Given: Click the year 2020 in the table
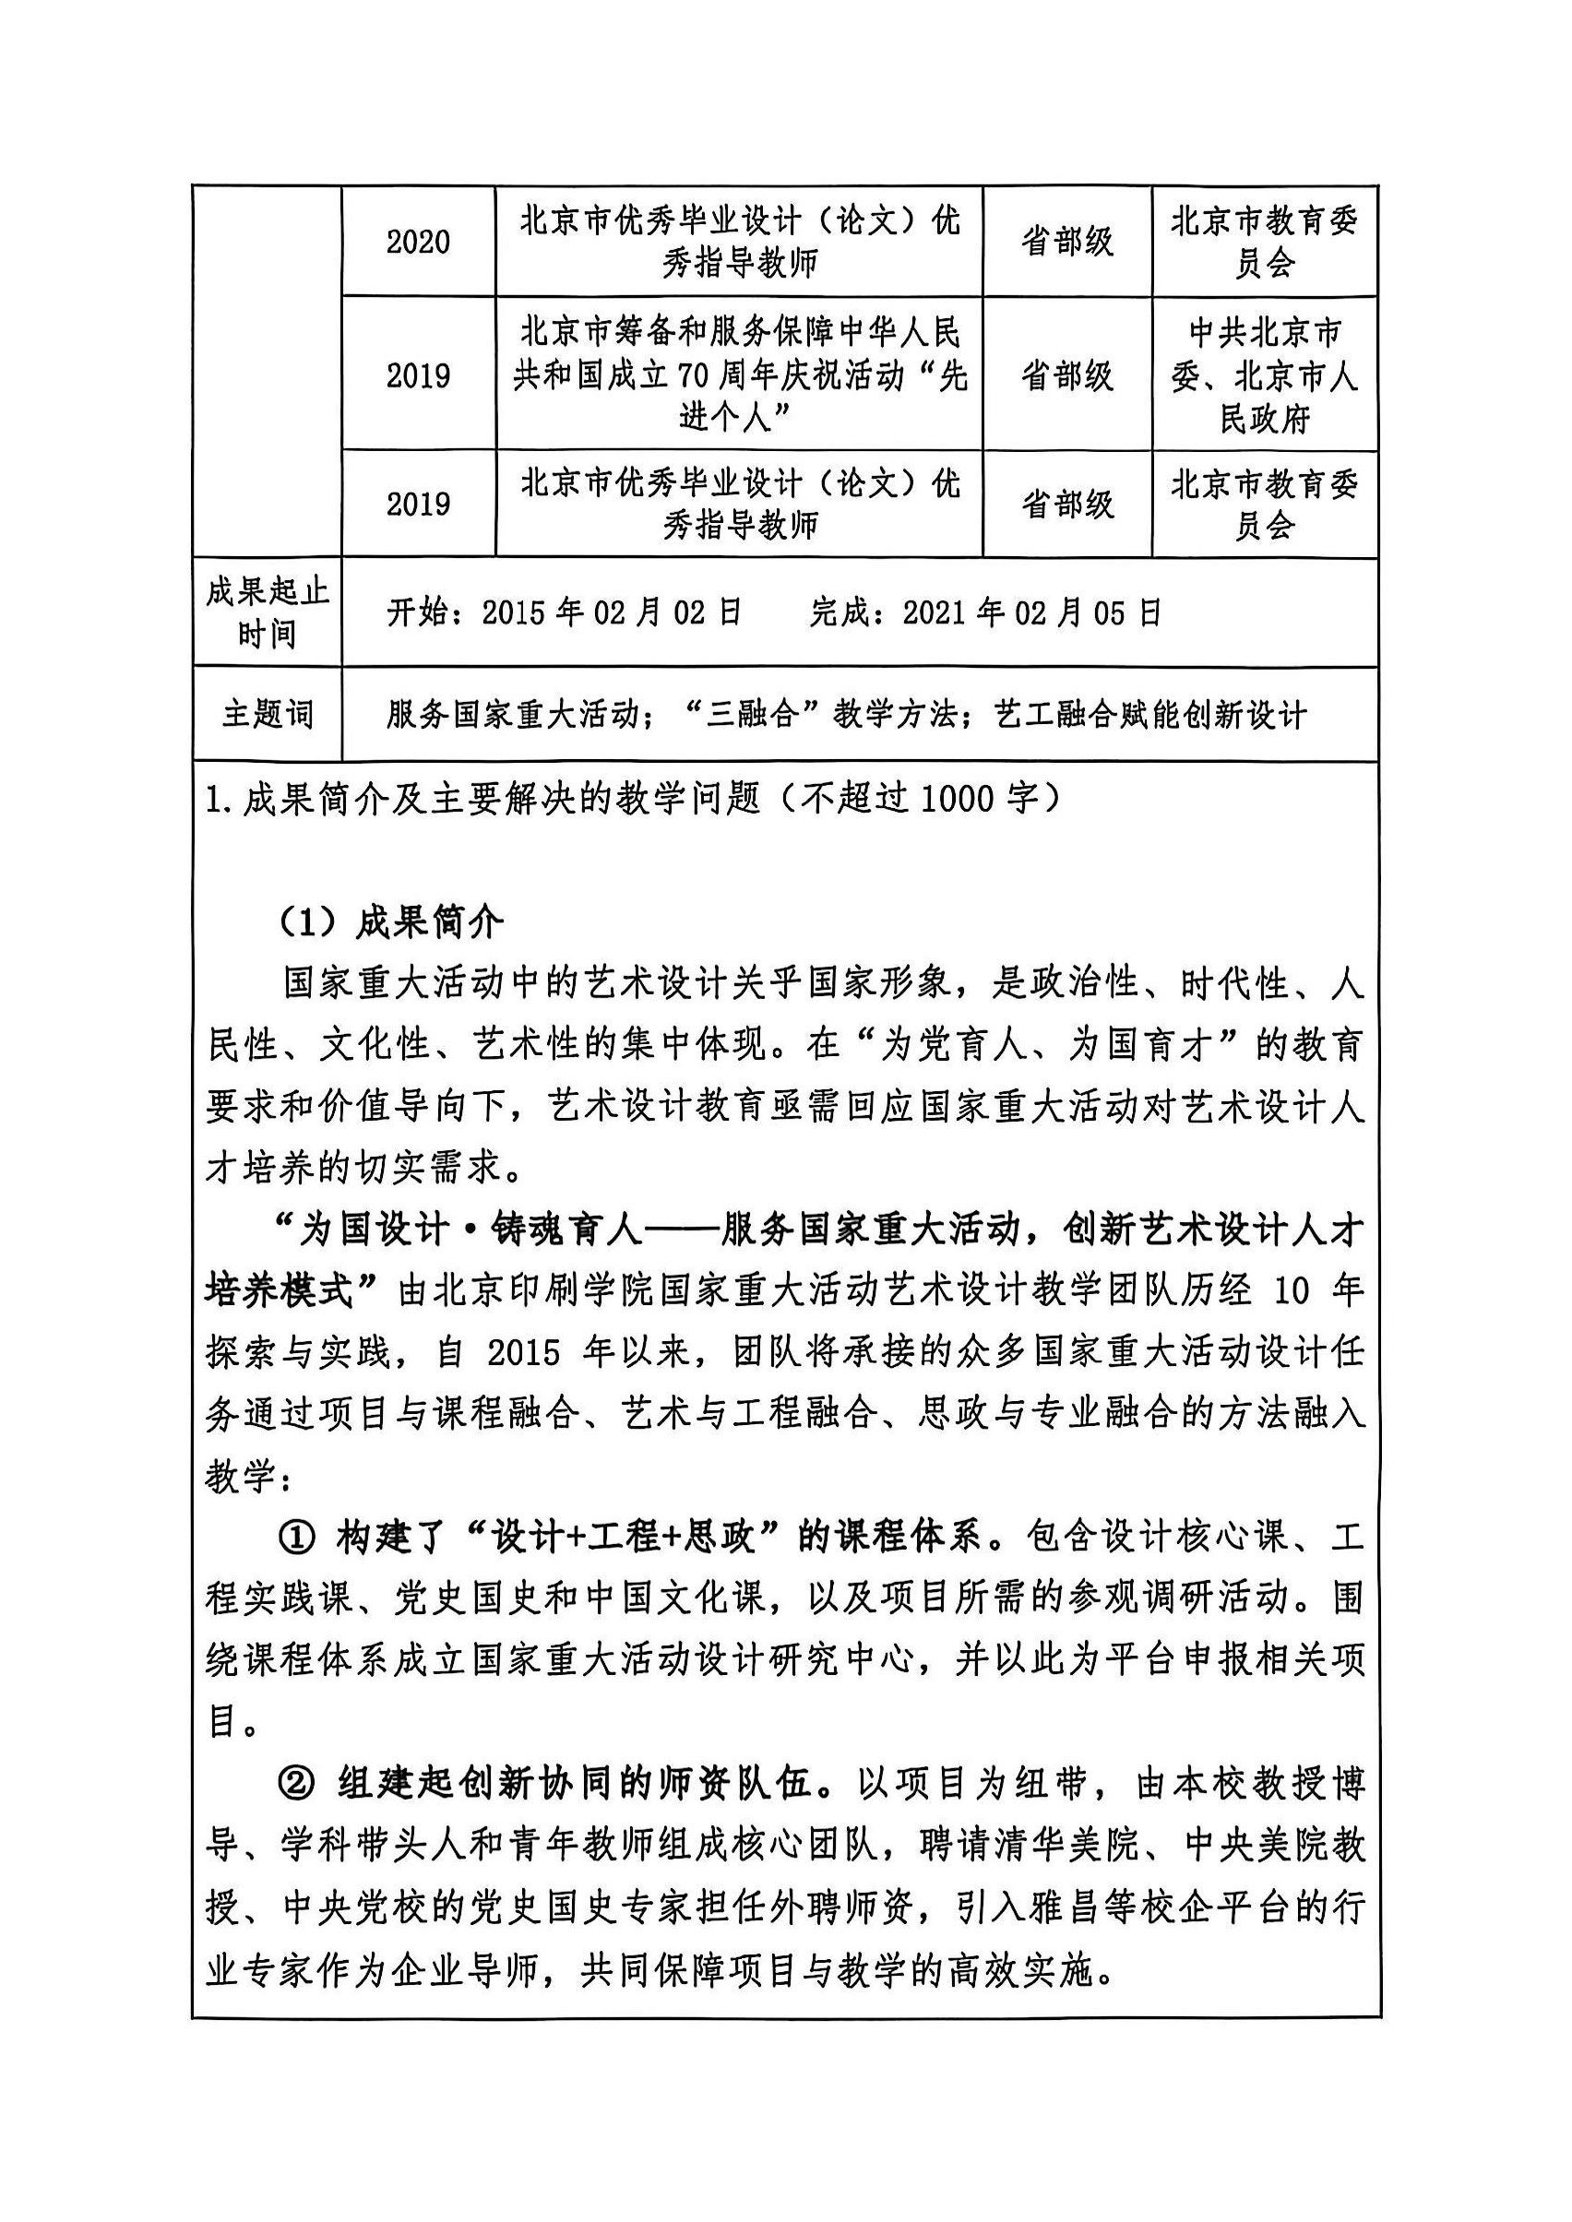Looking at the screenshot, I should coord(418,241).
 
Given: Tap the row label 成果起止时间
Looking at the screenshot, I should coord(268,612).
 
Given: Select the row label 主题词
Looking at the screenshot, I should coord(268,714).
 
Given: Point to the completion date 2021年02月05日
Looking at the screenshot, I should coord(1032,612).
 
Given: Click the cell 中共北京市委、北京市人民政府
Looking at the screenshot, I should coord(1264,375).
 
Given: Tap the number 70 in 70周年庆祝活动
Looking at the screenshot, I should coord(694,375).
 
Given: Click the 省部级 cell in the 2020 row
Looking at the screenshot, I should coord(1066,241).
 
